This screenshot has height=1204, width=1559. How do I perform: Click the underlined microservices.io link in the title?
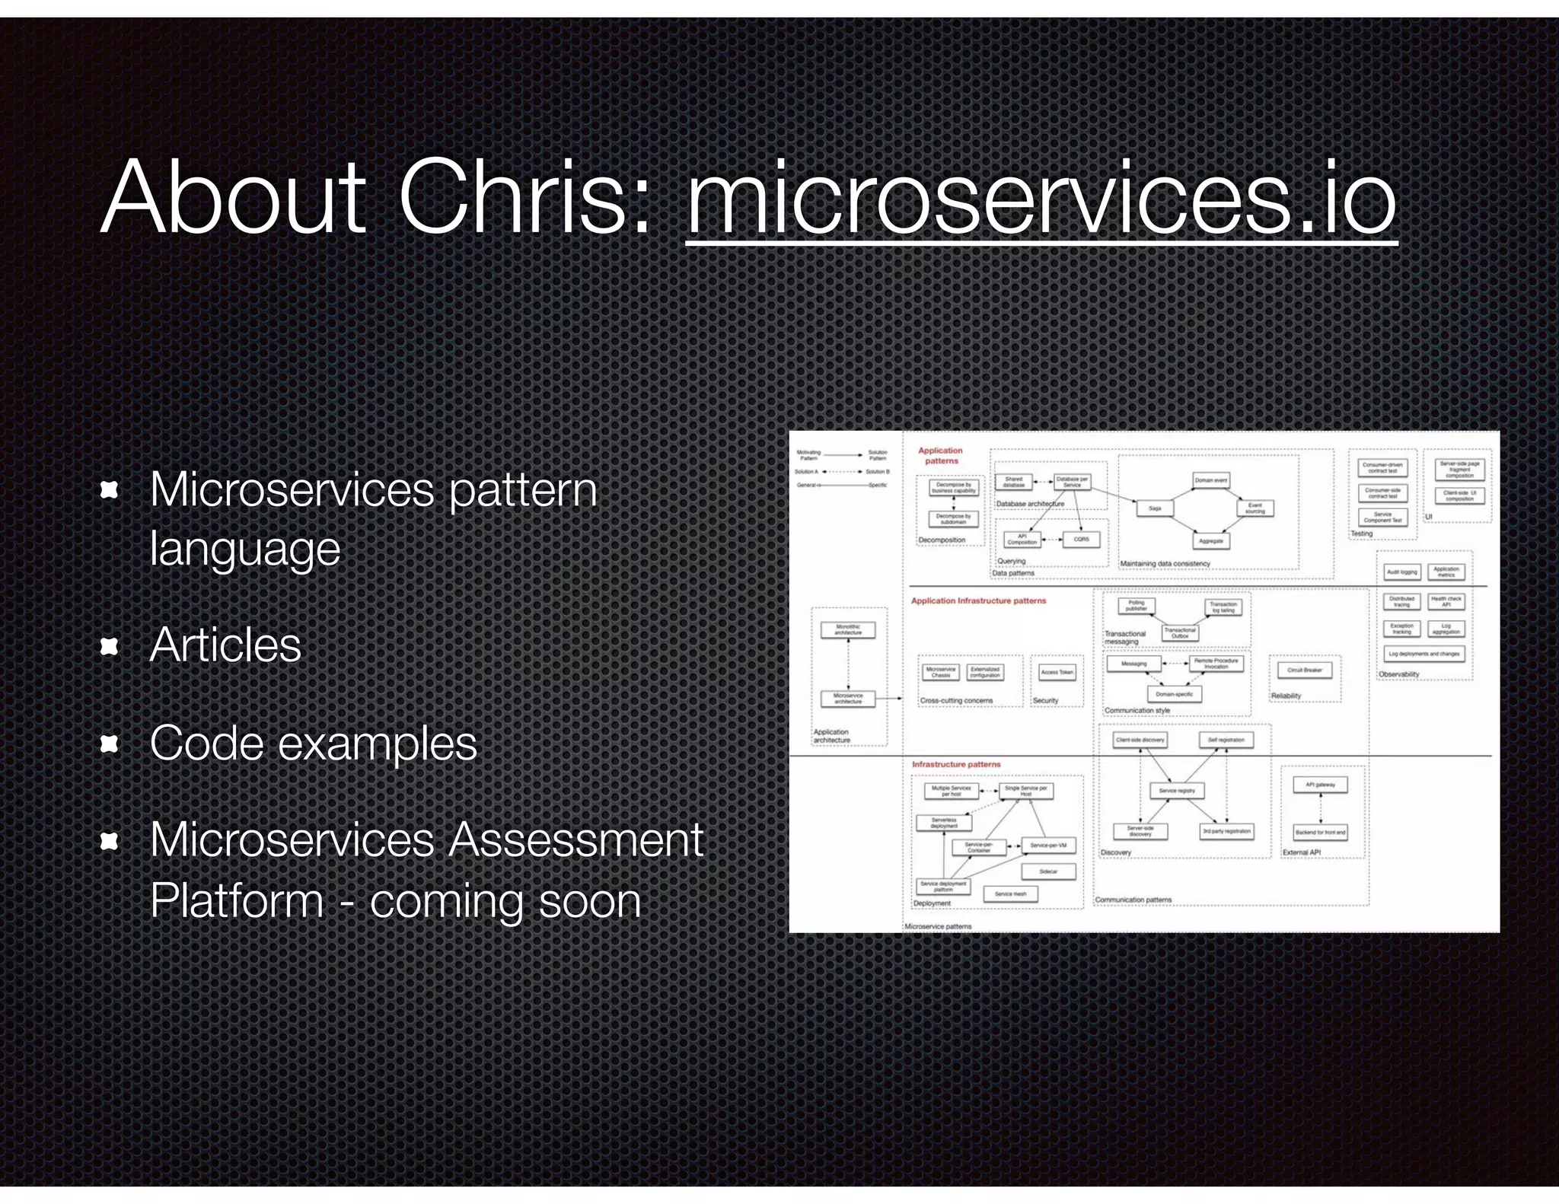[x=1041, y=199]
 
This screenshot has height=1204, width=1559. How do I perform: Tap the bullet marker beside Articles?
[x=110, y=646]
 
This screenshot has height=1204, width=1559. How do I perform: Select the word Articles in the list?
[x=225, y=645]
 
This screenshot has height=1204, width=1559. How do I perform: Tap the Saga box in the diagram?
[x=1155, y=508]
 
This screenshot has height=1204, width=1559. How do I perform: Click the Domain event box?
[x=1210, y=480]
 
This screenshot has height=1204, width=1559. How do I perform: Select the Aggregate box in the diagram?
[x=1210, y=541]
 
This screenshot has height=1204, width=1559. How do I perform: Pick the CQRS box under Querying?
[x=1081, y=540]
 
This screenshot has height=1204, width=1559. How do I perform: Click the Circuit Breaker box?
[x=1305, y=670]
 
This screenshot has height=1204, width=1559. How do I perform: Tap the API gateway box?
[x=1321, y=785]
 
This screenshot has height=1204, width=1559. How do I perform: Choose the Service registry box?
[x=1177, y=791]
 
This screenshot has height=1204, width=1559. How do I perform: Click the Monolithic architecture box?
[x=848, y=630]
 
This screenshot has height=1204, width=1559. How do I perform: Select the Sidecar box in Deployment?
[x=1048, y=871]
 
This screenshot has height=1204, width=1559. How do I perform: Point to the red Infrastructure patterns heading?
[x=956, y=764]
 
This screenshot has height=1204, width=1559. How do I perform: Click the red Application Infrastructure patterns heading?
[x=978, y=601]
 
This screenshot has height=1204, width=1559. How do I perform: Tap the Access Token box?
[x=1057, y=673]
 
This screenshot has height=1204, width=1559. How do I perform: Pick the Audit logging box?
[x=1401, y=572]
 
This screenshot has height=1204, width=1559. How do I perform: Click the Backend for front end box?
[x=1321, y=833]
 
